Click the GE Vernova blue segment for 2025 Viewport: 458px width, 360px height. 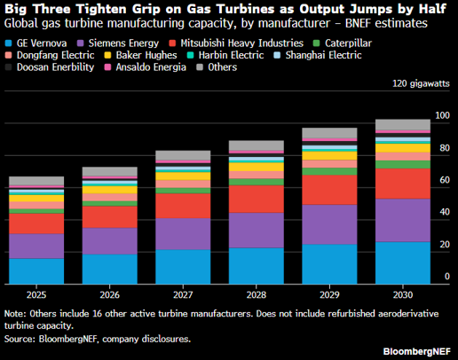click(x=36, y=271)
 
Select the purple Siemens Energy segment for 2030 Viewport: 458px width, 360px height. click(x=403, y=220)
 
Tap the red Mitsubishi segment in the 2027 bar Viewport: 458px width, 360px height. click(x=183, y=206)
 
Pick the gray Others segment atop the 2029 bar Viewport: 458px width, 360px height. click(x=329, y=133)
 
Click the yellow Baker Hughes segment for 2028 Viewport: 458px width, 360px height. click(x=257, y=167)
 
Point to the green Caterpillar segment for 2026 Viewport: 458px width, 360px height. click(x=110, y=204)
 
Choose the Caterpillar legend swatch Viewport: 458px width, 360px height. click(x=316, y=43)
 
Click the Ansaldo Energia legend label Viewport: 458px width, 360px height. click(x=151, y=67)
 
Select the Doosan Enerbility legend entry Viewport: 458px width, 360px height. click(x=50, y=67)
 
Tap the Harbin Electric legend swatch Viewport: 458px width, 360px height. click(x=191, y=55)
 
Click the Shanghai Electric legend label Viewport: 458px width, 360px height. click(x=323, y=55)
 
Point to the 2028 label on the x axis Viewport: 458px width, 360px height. click(x=257, y=295)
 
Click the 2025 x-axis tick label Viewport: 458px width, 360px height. click(x=36, y=295)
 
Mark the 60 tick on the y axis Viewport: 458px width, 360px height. click(x=445, y=180)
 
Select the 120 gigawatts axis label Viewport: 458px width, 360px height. click(x=421, y=83)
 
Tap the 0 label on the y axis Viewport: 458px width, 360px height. click(x=447, y=277)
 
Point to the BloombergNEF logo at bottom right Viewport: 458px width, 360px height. click(x=416, y=351)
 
